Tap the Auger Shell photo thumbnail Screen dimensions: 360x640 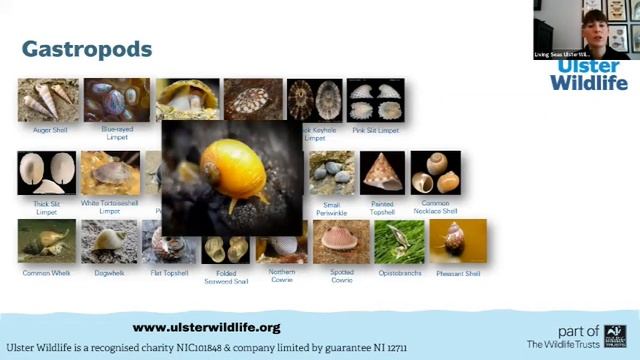coord(48,100)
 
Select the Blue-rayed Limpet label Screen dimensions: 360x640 coord(116,133)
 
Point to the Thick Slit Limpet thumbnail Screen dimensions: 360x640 coord(46,173)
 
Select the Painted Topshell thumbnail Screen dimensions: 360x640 coord(382,173)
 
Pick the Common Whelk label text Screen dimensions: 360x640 coord(45,273)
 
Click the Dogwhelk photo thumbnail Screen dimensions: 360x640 coord(109,241)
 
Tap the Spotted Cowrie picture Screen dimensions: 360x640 coord(342,242)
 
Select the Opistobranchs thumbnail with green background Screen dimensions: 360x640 coord(399,241)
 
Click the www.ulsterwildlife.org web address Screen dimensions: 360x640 coord(206,327)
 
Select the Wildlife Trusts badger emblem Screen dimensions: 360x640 coord(615,337)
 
